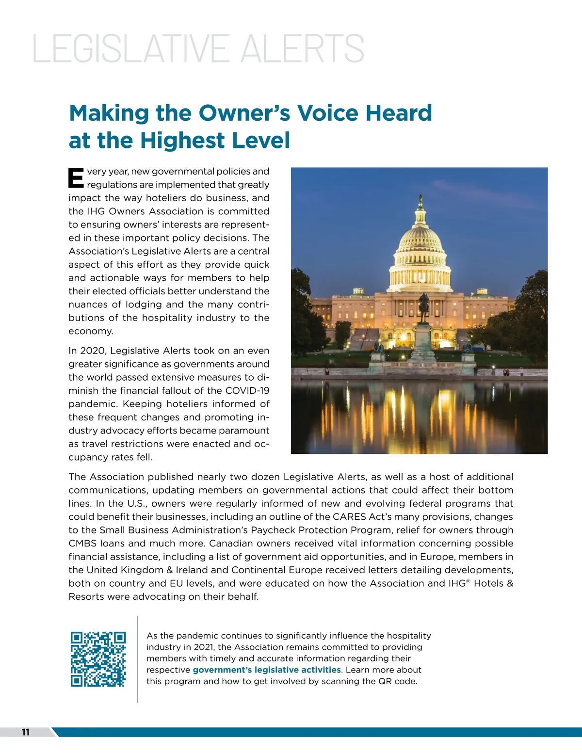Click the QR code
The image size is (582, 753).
pos(98,659)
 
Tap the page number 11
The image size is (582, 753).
pos(26,732)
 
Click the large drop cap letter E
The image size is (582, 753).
pos(76,178)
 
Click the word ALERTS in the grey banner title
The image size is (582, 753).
pos(302,49)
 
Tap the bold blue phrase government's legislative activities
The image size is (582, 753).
pos(267,670)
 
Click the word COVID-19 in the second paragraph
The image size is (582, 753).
pos(247,391)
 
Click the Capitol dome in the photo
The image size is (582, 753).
pos(420,242)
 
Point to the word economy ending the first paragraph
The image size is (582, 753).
pos(90,331)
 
